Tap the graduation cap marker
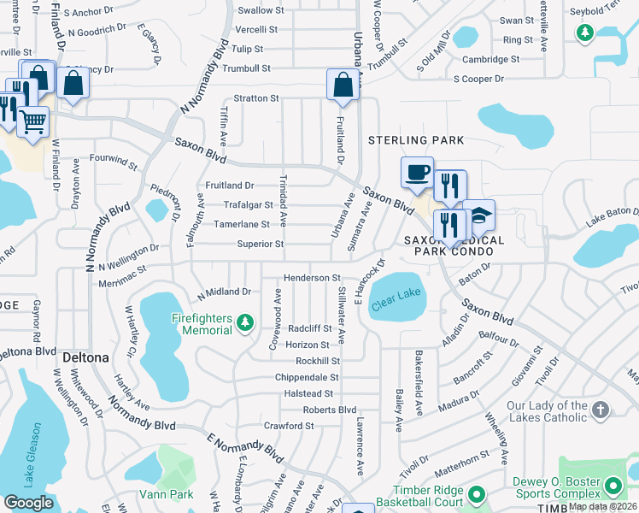tap(479, 216)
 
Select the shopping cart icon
tap(32, 122)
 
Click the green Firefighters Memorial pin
tap(245, 322)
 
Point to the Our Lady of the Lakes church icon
tap(600, 410)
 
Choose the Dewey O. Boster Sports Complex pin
tap(613, 486)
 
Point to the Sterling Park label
tap(415, 140)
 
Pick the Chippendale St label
tap(307, 377)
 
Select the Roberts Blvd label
tap(329, 410)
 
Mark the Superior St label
tap(260, 244)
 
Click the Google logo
tap(28, 503)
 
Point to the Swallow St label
tap(261, 10)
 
